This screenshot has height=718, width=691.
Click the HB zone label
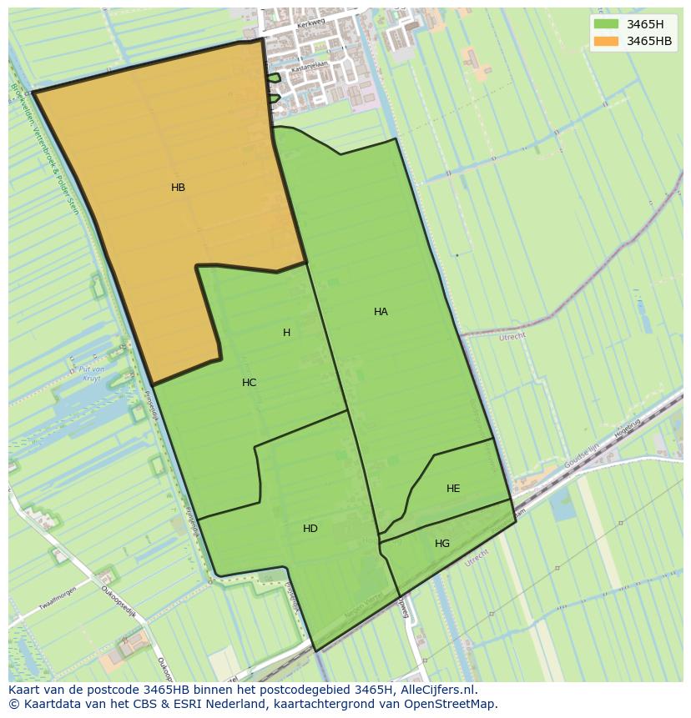(178, 188)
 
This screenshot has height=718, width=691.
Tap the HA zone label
(381, 312)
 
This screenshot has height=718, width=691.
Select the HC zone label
(249, 383)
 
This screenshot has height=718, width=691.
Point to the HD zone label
(310, 529)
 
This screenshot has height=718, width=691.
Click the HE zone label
(453, 489)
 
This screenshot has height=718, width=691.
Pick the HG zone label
(442, 544)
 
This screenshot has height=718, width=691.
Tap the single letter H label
(286, 333)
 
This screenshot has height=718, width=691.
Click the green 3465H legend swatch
(606, 24)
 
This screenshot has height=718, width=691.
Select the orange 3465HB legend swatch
(606, 41)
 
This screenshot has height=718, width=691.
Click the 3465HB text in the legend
(649, 41)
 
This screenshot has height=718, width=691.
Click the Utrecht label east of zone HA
(512, 337)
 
